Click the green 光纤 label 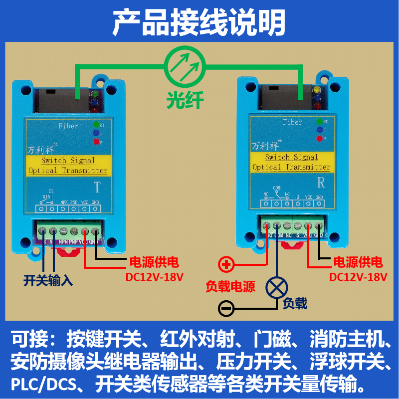[x=185, y=100]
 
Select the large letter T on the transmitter [x=97, y=188]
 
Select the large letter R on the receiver [x=321, y=182]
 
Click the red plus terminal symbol [x=227, y=264]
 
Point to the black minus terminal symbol [x=226, y=308]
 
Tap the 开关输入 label [x=48, y=280]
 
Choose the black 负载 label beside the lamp [x=295, y=302]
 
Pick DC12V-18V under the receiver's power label [x=358, y=276]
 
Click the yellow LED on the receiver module [x=317, y=90]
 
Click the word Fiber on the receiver [x=292, y=122]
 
